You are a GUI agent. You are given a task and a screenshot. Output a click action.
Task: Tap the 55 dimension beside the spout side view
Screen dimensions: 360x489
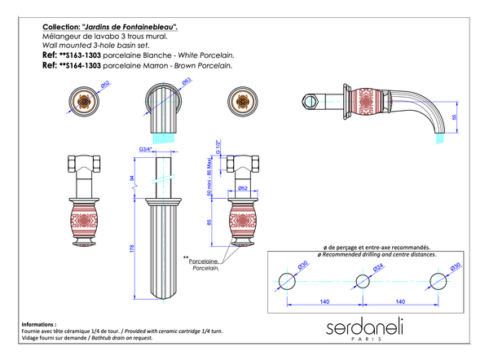[454, 116]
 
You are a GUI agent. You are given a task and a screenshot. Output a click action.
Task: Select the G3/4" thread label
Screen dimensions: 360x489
[147, 149]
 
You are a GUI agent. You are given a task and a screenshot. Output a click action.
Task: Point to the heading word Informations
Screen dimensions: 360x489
[40, 323]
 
